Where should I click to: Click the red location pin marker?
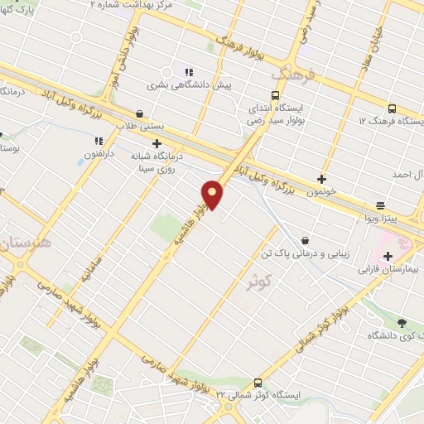[213, 195]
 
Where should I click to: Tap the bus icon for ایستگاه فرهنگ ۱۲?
[392, 108]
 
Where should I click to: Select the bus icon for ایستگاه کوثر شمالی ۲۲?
[258, 383]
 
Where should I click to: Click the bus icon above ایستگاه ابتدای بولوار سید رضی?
[275, 94]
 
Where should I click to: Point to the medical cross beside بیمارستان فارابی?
[388, 256]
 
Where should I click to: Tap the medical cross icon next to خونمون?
[322, 178]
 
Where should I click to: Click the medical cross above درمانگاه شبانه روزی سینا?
[157, 142]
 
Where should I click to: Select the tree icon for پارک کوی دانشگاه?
[402, 323]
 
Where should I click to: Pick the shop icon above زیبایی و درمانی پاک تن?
[306, 240]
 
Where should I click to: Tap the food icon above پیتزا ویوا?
[380, 205]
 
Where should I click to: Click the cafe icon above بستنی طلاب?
[139, 113]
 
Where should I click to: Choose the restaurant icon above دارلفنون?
[99, 141]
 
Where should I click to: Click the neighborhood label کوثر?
[260, 283]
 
